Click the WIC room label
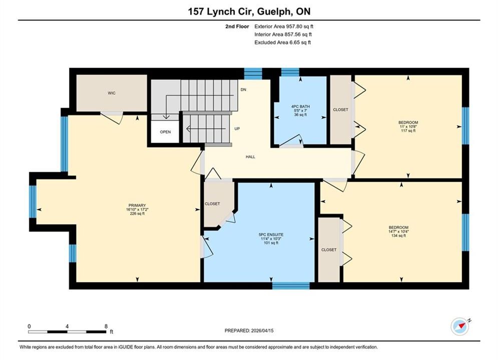tap(112, 93)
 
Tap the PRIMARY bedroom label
tap(137, 209)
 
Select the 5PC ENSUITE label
tap(271, 239)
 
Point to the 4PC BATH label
tap(300, 110)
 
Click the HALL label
tap(250, 156)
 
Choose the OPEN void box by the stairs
tap(165, 131)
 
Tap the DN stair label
tap(243, 90)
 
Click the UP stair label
tap(237, 129)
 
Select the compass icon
tap(460, 326)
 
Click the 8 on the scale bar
tap(106, 326)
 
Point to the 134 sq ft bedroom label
tap(398, 231)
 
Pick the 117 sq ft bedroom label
tap(408, 126)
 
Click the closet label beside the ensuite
tap(212, 204)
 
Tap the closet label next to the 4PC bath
tap(340, 109)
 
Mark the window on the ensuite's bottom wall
tap(291, 285)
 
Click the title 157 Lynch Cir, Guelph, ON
tap(249, 11)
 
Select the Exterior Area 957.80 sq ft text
tap(284, 26)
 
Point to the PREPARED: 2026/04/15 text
tap(249, 330)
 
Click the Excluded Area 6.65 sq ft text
tap(283, 42)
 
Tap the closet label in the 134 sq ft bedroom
tap(329, 250)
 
